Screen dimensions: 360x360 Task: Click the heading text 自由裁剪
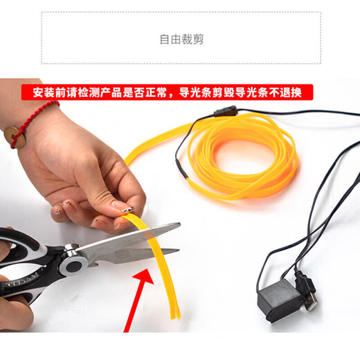coord(181,39)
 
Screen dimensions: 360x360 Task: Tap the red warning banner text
coord(166,91)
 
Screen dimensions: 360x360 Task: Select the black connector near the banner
coord(222,111)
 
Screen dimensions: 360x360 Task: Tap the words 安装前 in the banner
coord(38,91)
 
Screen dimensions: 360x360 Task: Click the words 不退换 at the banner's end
coord(294,91)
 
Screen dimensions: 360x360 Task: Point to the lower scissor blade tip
coord(176,251)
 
